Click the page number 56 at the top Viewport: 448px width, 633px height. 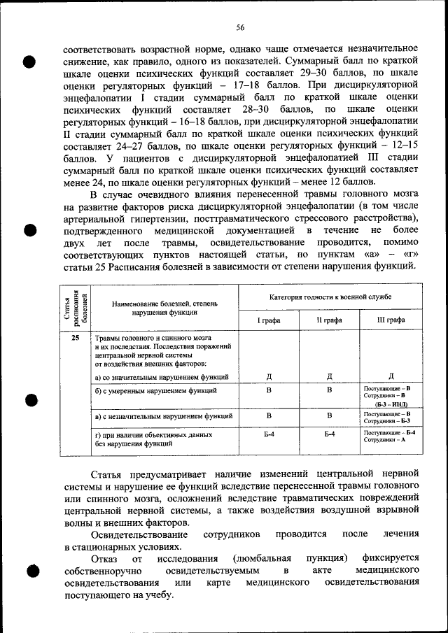point(239,27)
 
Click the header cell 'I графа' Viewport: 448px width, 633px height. point(269,320)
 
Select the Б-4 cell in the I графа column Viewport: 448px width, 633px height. point(269,434)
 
